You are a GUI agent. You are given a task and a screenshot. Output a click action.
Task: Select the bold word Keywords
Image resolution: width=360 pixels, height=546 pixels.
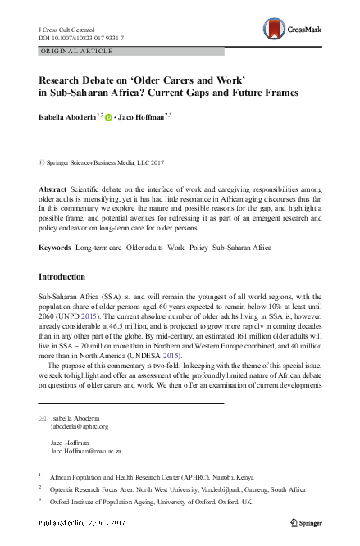click(55, 247)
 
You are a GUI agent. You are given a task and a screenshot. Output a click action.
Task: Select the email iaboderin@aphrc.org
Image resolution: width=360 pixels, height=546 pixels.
click(80, 427)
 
